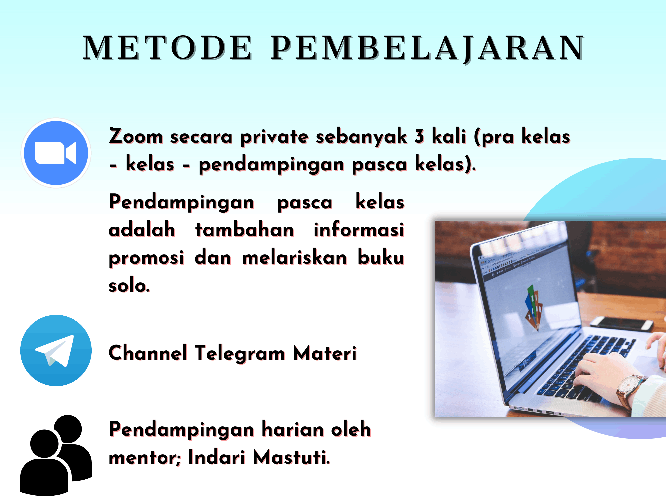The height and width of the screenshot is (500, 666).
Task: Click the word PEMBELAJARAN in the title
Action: click(x=428, y=49)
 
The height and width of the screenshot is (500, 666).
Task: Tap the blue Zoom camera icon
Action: click(x=56, y=153)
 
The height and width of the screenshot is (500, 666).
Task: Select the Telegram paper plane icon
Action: click(x=56, y=351)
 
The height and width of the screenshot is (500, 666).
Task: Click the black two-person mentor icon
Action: click(x=56, y=455)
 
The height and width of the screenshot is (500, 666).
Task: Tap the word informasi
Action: click(x=359, y=230)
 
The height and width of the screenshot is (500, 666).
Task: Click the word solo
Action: click(x=130, y=285)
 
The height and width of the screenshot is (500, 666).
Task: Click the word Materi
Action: click(x=325, y=353)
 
